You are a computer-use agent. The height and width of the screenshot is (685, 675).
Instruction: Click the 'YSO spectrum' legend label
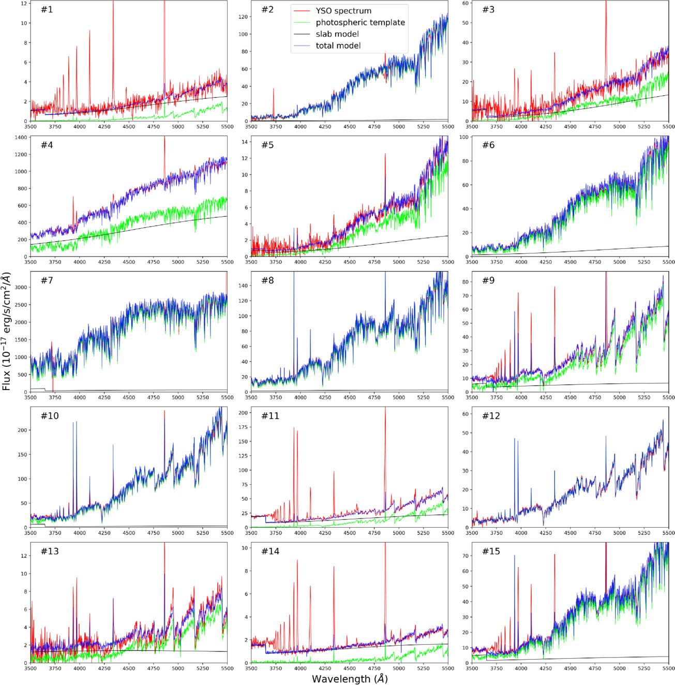(x=343, y=11)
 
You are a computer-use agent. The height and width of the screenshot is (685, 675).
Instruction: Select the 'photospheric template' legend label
(x=361, y=22)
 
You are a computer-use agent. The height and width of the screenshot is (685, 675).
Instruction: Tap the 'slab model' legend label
(x=337, y=34)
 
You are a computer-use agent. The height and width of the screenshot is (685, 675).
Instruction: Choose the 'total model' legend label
(x=338, y=46)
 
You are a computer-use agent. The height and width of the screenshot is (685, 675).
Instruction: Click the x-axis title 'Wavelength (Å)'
(x=350, y=678)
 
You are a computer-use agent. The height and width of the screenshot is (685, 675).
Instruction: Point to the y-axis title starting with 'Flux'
(x=6, y=332)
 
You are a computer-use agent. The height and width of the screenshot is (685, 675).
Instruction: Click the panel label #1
(x=47, y=9)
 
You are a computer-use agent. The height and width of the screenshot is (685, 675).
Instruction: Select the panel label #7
(x=47, y=280)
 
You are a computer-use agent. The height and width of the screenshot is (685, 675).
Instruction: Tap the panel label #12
(x=491, y=415)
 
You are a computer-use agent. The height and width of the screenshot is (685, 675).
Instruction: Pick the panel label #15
(x=491, y=551)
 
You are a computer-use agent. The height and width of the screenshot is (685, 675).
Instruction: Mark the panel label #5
(x=267, y=145)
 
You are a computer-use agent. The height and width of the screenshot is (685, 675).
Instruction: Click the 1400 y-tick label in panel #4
(x=21, y=138)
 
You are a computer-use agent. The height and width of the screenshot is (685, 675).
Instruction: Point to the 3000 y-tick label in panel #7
(x=21, y=288)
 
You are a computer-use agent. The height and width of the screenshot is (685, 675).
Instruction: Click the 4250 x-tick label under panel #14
(x=325, y=668)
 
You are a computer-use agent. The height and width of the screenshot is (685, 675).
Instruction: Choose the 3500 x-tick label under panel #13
(x=31, y=668)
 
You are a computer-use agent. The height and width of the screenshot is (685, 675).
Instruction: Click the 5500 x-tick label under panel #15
(x=668, y=668)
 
